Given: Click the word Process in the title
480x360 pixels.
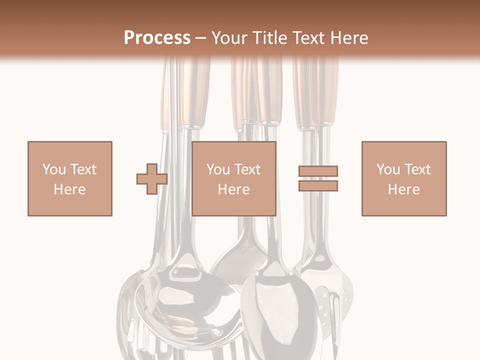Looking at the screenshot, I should point(157,38).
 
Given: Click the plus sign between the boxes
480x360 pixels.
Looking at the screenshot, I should point(152,179).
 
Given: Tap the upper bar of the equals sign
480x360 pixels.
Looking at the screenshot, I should point(318,171).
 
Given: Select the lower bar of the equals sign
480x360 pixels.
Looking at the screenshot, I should point(318,186).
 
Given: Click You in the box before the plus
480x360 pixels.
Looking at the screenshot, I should point(53,169).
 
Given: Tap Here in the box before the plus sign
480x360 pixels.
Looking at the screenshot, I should point(69,189).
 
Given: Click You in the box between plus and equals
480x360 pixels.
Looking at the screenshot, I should point(218,169).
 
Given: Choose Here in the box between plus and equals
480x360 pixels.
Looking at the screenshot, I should point(234,189).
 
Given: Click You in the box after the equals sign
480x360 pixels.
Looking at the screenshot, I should point(388,169).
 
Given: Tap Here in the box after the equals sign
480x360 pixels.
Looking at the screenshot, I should point(404,189).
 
